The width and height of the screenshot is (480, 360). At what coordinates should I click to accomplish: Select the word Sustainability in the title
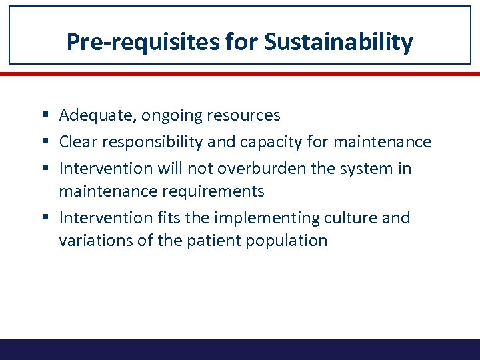(x=339, y=42)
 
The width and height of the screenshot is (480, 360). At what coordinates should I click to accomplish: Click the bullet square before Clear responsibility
(x=50, y=143)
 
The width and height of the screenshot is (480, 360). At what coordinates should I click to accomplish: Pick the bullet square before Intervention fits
(x=50, y=218)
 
